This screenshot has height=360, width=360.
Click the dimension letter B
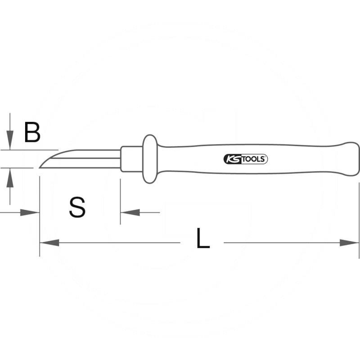coord(32,132)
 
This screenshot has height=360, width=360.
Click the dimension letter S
coord(77,207)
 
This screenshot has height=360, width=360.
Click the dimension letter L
coord(203,238)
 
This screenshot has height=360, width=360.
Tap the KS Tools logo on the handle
coord(245,159)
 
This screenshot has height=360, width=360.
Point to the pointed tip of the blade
coord(40,168)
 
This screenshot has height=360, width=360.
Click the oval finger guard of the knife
coord(150,159)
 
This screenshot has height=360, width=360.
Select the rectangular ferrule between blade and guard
coord(131,159)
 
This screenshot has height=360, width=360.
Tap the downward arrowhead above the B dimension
coord(10,140)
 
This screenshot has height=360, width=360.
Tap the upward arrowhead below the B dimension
coord(10,178)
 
